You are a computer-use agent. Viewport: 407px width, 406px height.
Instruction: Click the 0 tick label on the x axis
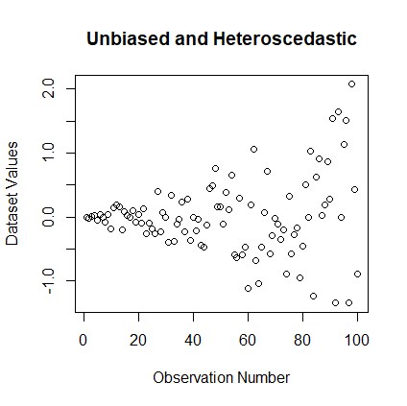click(84, 339)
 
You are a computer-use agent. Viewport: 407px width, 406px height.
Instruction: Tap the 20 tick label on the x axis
click(138, 339)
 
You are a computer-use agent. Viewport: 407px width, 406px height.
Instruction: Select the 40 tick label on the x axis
click(193, 339)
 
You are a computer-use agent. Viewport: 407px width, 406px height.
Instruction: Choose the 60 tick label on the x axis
click(248, 339)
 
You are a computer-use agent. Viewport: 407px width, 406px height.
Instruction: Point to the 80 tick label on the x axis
click(302, 339)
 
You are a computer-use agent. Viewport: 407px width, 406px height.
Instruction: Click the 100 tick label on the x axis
click(357, 339)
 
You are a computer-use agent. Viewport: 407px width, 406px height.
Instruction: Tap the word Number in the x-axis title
click(266, 377)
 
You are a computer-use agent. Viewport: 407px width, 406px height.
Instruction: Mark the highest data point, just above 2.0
click(351, 84)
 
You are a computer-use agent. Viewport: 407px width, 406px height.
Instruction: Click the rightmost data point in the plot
click(357, 274)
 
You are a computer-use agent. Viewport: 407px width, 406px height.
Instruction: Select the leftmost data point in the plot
click(86, 218)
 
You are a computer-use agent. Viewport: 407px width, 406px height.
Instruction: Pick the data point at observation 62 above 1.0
click(253, 149)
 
